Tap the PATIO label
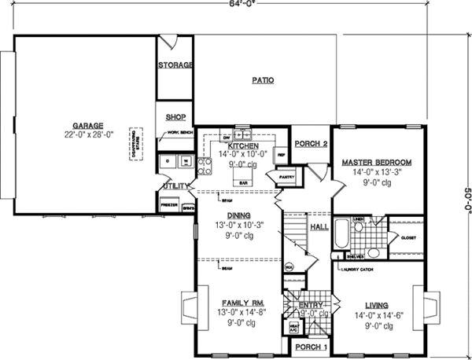(263, 80)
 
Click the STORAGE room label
(175, 65)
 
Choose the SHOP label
(175, 116)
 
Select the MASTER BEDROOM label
(377, 162)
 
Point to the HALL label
(319, 227)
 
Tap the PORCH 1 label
(310, 347)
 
